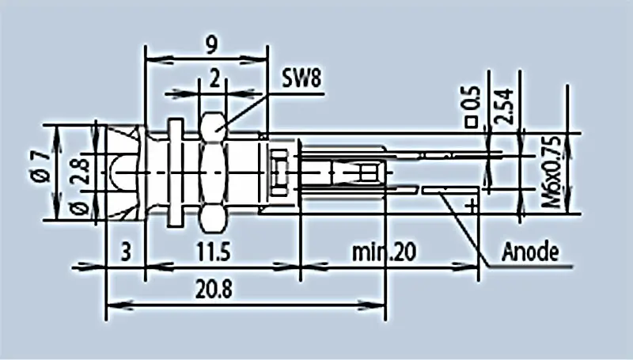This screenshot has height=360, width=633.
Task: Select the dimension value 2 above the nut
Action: [x=214, y=78]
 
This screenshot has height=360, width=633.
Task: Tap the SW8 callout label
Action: [x=302, y=78]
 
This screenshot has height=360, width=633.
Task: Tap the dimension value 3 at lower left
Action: [x=126, y=252]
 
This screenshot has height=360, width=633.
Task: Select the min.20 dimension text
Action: [x=383, y=252]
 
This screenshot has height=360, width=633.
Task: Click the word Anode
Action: [x=531, y=252]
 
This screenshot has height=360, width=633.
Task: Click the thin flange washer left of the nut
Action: [x=174, y=170]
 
